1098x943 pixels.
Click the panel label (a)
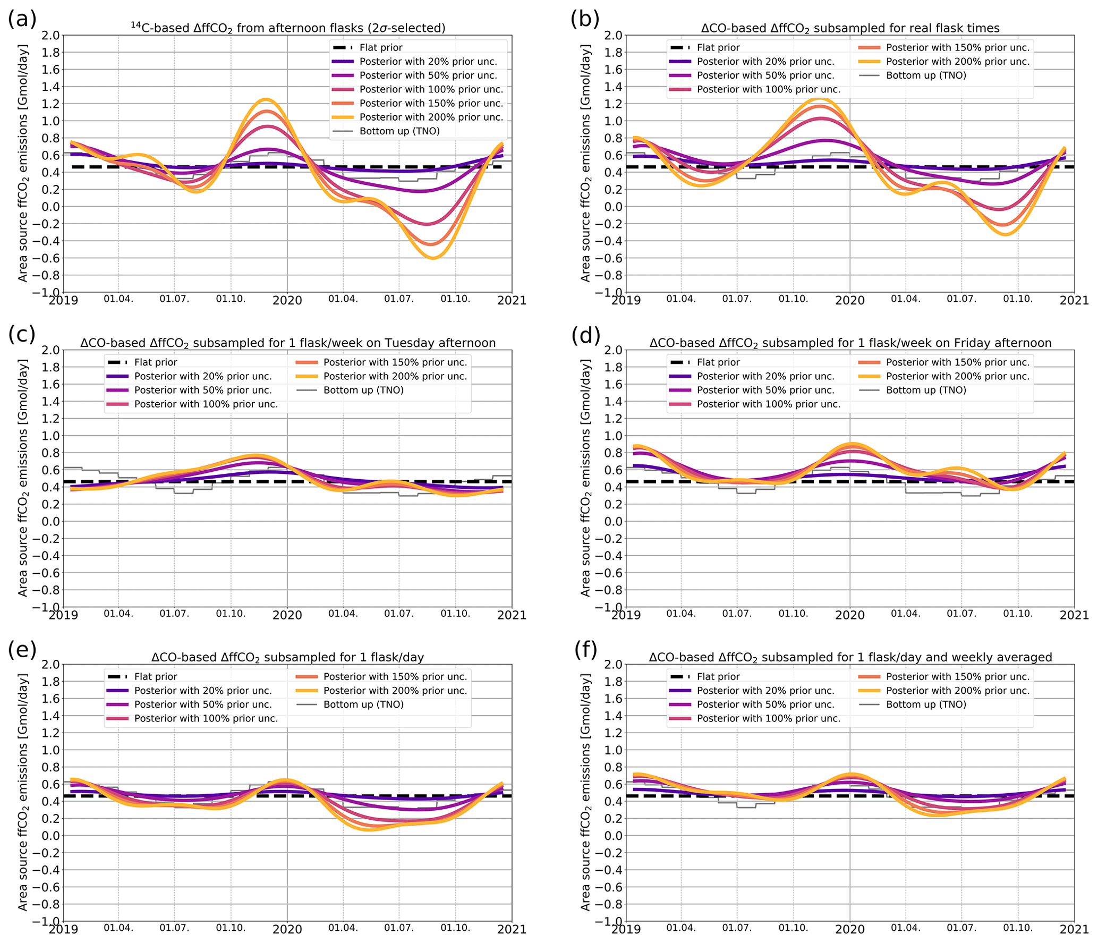pos(22,19)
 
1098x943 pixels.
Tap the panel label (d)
pos(585,335)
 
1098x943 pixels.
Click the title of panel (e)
pos(287,657)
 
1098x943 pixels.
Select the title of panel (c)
pos(287,343)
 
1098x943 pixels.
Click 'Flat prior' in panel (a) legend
pos(381,47)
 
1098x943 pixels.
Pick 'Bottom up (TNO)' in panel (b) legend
pos(926,75)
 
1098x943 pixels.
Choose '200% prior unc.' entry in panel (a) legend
pos(431,117)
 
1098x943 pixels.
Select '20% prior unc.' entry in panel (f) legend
pos(765,690)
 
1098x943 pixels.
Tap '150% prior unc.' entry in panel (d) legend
pos(957,362)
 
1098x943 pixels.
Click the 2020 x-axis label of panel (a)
pos(287,301)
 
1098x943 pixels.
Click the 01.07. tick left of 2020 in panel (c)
pos(174,614)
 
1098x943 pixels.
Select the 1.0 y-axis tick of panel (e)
pos(50,750)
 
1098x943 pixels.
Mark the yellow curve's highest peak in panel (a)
pos(265,99)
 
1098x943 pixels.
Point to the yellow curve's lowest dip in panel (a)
pos(433,258)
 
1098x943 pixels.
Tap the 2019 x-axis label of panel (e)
pos(63,929)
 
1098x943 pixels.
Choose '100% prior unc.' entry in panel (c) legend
pos(206,404)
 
